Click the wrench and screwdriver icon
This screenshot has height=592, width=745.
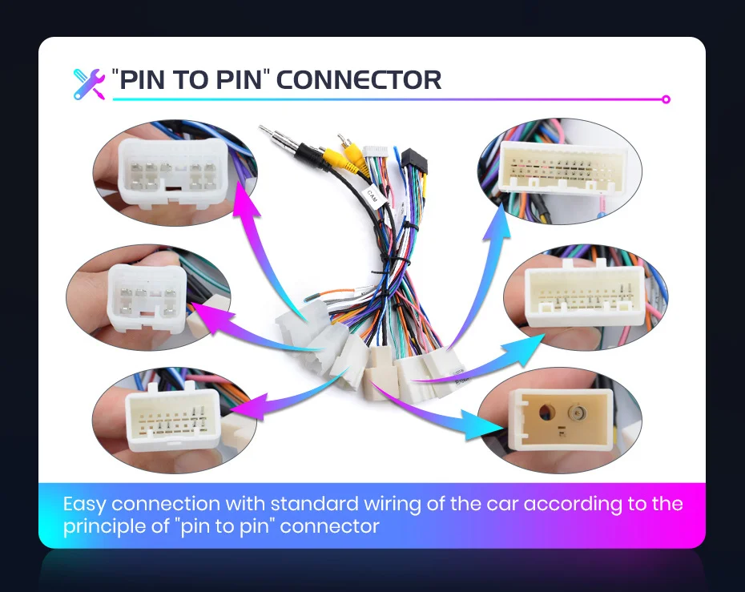coord(89,83)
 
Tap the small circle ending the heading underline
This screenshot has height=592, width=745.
coord(666,100)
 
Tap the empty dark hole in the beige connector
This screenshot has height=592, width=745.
coord(546,414)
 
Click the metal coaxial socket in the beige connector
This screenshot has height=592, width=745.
coord(575,414)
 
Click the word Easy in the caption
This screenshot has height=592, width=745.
coord(85,504)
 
